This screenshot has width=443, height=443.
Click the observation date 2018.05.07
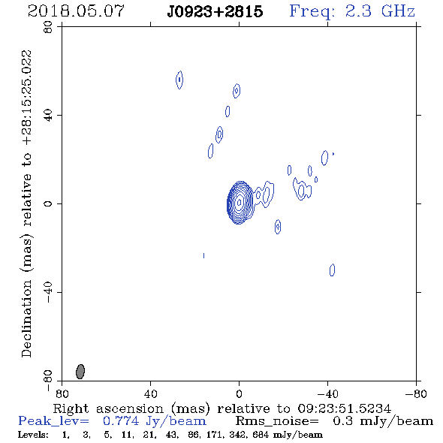76,11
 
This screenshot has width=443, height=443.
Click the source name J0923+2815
215,12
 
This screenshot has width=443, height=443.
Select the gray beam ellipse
80,372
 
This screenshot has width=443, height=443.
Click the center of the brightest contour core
239,202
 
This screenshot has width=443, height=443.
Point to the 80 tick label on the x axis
62,394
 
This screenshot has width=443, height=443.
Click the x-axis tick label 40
150,394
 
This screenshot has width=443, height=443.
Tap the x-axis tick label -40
327,394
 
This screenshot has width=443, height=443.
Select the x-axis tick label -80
416,394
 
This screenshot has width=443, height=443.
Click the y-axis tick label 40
48,116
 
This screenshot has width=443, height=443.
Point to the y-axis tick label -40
48,292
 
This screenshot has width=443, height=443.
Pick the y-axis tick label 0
48,203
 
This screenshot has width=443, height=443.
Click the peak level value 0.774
121,421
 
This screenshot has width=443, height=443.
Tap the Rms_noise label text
277,421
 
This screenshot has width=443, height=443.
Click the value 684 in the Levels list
261,435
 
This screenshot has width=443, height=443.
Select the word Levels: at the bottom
33,435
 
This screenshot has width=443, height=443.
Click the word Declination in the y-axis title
26,319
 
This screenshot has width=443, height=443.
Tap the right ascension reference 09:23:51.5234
344,408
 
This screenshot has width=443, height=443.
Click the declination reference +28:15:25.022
26,98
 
